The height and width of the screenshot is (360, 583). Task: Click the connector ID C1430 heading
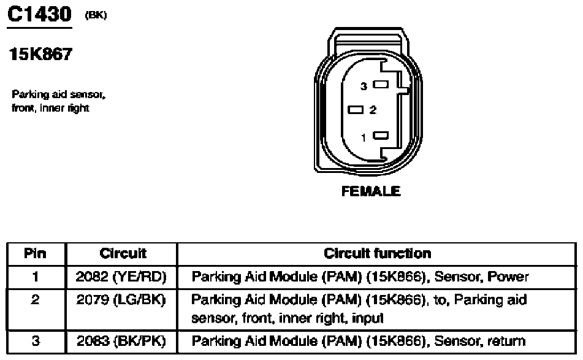[39, 15]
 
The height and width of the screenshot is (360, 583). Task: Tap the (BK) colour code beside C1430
[96, 16]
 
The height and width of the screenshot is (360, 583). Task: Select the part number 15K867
[40, 55]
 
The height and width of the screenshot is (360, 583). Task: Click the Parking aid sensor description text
[59, 102]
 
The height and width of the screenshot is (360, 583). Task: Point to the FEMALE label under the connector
[371, 191]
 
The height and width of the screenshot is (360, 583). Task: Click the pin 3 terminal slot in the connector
[381, 86]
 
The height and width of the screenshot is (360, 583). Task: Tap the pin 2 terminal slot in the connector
[356, 110]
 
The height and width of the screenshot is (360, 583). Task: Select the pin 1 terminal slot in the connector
[381, 136]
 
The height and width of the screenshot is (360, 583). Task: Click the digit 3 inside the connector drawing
[364, 87]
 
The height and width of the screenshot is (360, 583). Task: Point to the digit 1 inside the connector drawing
[364, 137]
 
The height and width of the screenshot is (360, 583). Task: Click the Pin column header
[35, 253]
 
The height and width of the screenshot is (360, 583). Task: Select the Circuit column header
[123, 253]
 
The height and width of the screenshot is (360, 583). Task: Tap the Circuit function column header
[377, 253]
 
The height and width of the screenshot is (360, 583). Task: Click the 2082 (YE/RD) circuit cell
[123, 277]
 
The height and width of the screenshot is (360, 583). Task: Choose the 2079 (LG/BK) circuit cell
[123, 301]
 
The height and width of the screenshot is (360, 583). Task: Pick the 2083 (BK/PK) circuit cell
[123, 341]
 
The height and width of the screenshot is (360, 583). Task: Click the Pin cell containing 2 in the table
[35, 301]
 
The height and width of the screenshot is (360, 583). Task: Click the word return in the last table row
[506, 341]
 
